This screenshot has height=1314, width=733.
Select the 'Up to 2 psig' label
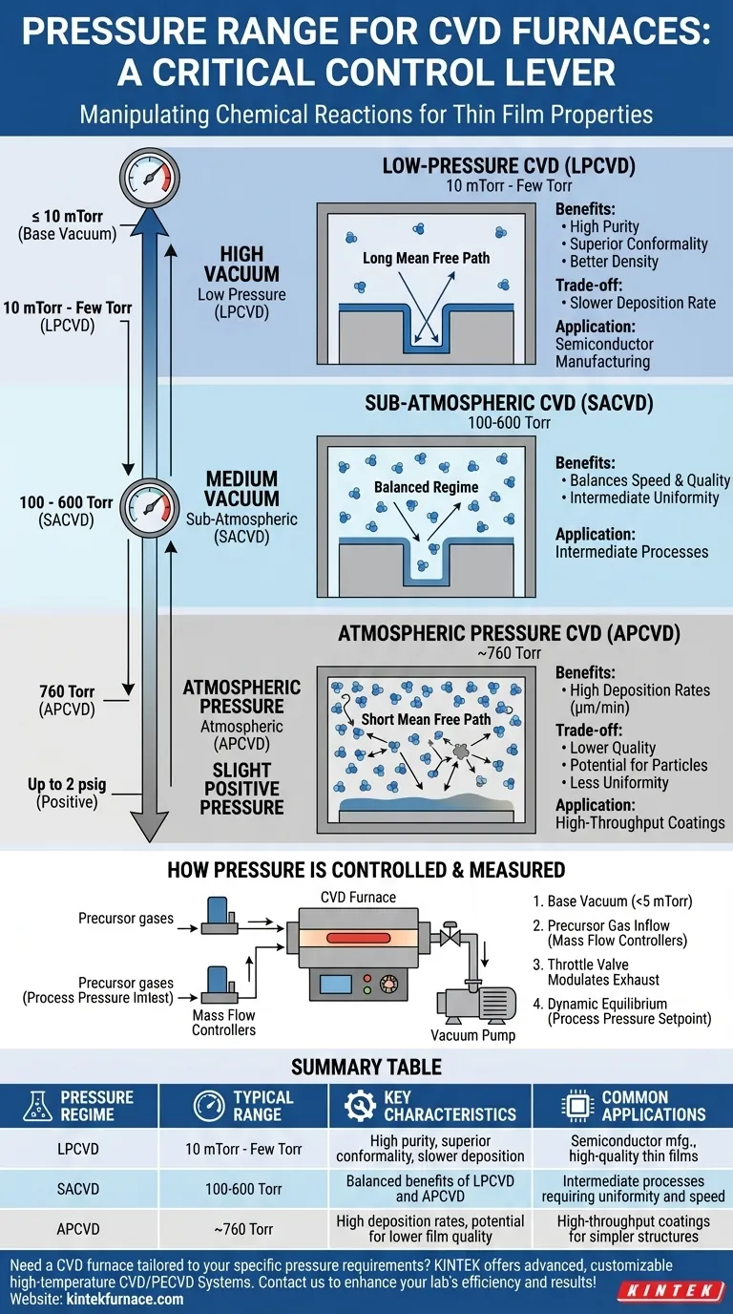[67, 784]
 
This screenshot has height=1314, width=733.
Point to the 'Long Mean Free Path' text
[426, 258]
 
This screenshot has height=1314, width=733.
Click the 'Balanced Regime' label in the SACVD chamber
[426, 488]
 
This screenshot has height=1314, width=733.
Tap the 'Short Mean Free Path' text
[426, 718]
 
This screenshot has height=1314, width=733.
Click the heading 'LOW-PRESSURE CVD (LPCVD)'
[509, 165]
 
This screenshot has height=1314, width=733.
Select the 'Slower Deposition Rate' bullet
[641, 303]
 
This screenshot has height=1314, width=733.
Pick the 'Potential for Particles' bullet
[639, 765]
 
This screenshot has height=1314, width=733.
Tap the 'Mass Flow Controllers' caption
[223, 1022]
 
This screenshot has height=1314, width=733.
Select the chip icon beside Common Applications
[574, 1105]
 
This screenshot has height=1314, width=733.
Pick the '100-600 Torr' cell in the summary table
[243, 1189]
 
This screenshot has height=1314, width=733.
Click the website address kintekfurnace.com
[124, 1299]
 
